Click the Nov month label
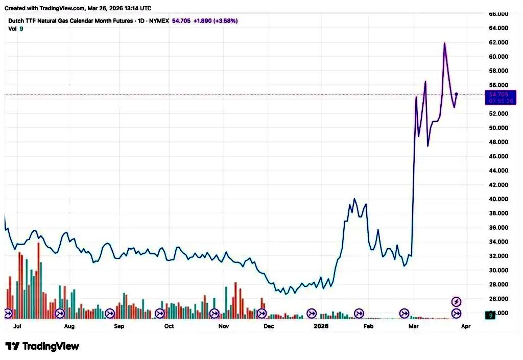(223, 326)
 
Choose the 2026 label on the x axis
(321, 326)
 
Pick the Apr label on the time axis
(465, 326)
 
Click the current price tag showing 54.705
(498, 94)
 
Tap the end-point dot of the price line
(456, 94)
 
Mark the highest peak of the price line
(444, 43)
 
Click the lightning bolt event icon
(457, 301)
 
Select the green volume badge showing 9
(490, 316)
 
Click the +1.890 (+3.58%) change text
(215, 21)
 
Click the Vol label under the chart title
(12, 29)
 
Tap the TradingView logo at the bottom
(42, 346)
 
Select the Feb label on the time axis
(368, 326)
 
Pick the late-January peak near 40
(354, 199)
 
